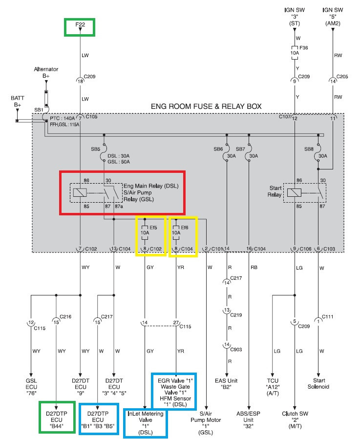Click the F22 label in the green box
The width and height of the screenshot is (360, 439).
pos(80,24)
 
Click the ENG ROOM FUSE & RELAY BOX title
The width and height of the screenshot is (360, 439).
pos(206,106)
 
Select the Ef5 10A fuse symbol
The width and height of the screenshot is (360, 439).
pos(145,232)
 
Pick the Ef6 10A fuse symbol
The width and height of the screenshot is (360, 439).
pos(176,232)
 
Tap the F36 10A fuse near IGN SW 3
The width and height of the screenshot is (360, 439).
pos(295,53)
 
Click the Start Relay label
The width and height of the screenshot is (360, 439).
pos(275,191)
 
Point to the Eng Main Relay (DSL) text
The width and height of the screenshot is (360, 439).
pos(151,186)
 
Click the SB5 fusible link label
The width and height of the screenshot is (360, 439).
pos(96,149)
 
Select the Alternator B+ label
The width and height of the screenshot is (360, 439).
pos(46,72)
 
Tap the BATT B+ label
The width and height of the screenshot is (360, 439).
pos(18,102)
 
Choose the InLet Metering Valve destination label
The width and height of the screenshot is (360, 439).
pos(146,423)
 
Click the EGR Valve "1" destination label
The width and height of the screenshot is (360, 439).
pos(175,381)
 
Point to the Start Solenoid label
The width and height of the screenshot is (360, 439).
pos(318,383)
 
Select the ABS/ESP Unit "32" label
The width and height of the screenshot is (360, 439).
pos(248,419)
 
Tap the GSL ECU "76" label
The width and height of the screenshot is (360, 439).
pos(31,387)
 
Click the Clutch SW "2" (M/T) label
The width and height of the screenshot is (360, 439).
pos(295,419)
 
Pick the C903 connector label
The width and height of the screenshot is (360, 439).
pos(236,350)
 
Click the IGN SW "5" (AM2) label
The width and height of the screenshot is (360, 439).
pos(333,17)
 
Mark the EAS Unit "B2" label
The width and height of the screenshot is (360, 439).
pos(226,384)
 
